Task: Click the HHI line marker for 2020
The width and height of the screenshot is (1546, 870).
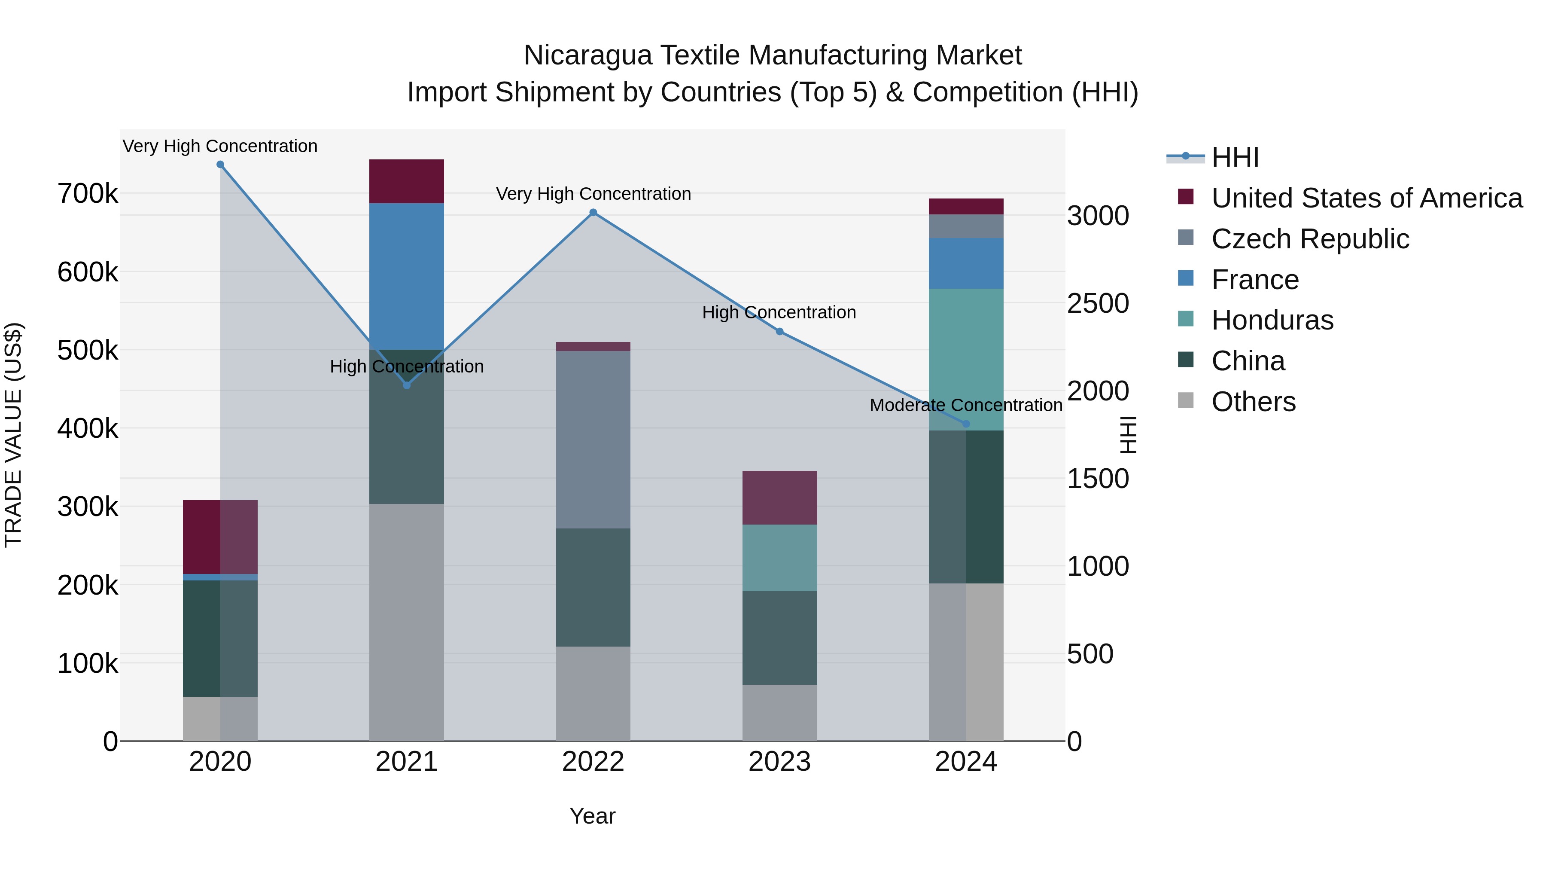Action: click(220, 165)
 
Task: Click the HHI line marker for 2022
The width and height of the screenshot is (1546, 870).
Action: click(593, 213)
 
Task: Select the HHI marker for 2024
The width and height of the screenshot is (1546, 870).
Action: click(966, 424)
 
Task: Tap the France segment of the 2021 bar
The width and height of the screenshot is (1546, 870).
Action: click(406, 276)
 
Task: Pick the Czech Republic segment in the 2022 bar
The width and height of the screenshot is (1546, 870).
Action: click(593, 440)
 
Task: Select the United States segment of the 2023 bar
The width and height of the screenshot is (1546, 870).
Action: click(779, 498)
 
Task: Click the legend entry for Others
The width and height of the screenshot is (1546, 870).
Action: click(1253, 402)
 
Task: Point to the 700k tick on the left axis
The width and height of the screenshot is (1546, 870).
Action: click(88, 194)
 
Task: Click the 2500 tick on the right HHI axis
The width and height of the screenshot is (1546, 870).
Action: click(1098, 303)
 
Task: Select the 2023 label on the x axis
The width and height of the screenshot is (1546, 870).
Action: click(779, 762)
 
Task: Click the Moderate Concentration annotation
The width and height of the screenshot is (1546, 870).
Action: click(966, 405)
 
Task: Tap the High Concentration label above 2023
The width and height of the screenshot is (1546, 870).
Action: click(779, 312)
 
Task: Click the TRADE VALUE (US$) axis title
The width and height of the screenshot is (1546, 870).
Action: click(13, 435)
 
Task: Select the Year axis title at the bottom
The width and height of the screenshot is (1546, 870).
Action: click(592, 816)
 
